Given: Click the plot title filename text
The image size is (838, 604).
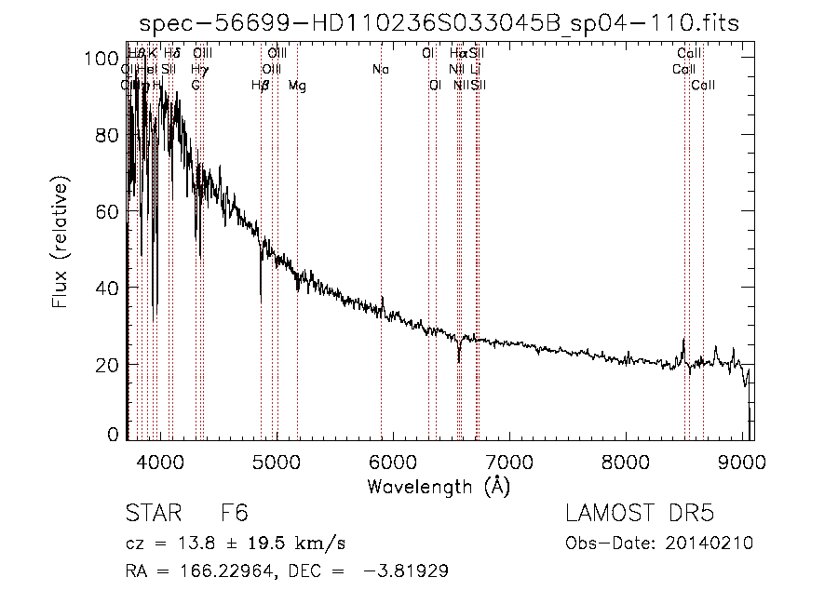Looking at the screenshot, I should tap(438, 24).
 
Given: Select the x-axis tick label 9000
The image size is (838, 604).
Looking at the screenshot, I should tap(742, 462).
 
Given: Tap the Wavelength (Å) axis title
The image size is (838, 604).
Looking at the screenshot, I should tap(439, 486).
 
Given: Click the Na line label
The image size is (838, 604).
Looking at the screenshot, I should tap(380, 70).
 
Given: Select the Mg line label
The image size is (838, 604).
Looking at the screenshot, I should tap(297, 86).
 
